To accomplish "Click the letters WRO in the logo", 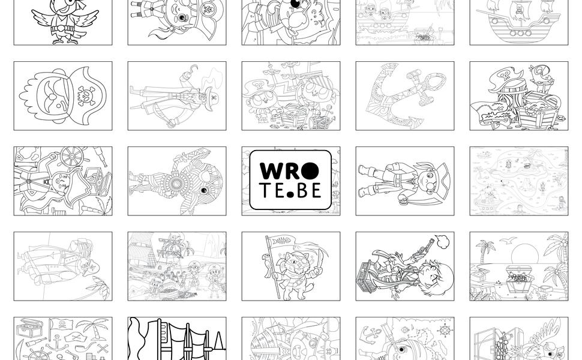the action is tap(289, 170).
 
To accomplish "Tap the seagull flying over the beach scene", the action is tap(508, 241).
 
